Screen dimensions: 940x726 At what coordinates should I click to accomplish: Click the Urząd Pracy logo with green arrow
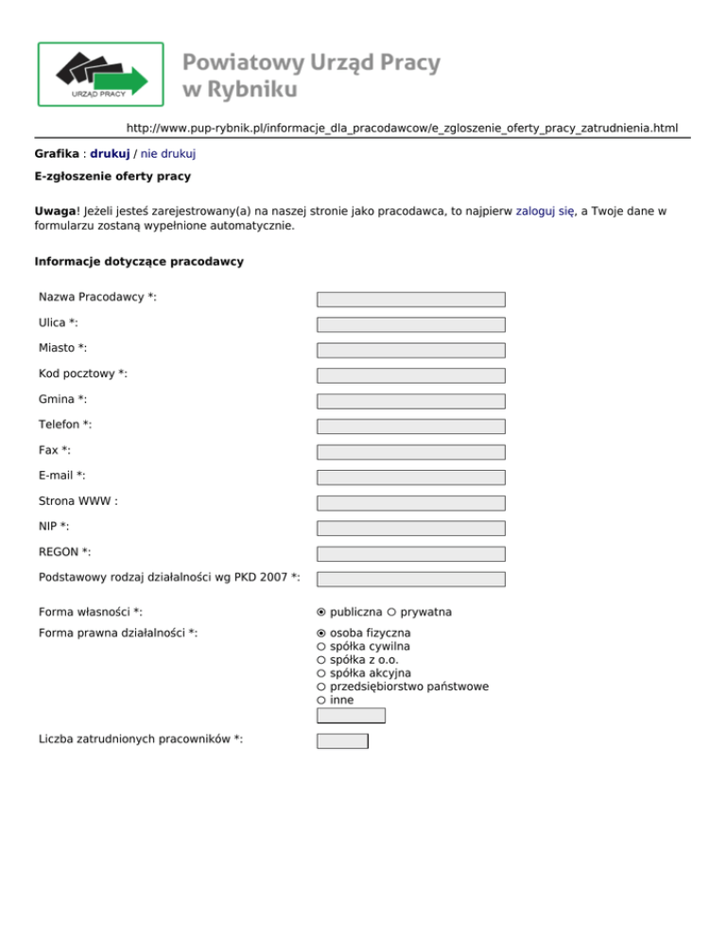100,74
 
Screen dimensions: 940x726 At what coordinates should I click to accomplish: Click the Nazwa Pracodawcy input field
410,299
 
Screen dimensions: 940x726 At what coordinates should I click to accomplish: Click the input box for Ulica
410,324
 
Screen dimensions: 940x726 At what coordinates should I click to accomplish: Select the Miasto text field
410,350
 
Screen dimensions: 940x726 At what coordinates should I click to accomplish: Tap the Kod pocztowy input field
410,375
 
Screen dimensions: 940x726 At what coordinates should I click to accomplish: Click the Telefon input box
410,426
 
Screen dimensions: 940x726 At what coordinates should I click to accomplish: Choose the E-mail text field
410,478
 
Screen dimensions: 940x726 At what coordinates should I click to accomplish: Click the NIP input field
410,529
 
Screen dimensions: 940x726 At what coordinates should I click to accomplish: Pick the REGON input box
410,554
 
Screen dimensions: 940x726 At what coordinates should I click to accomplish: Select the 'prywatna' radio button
391,614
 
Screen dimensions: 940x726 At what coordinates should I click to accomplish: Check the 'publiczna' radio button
321,614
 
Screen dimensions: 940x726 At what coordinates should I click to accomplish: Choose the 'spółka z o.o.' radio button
321,659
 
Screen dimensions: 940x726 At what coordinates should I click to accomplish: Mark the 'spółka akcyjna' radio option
321,673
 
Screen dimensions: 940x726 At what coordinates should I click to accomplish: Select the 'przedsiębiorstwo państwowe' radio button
321,687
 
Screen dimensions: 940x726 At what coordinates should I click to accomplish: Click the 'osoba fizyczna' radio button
321,633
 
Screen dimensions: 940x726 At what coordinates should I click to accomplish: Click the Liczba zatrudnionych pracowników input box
342,740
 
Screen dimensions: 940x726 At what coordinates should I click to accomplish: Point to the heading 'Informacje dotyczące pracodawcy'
138,262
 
